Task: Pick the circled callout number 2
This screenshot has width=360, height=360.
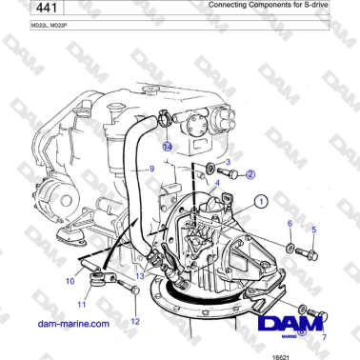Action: pos(250,174)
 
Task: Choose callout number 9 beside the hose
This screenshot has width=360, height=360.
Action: pos(150,169)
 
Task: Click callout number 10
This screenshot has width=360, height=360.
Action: pos(70,281)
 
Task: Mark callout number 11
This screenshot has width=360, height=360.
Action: pos(82,305)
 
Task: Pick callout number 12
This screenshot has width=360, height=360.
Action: pos(134,321)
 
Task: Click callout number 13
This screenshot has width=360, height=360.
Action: pos(140,275)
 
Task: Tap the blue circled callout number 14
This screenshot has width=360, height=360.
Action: pos(166,148)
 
